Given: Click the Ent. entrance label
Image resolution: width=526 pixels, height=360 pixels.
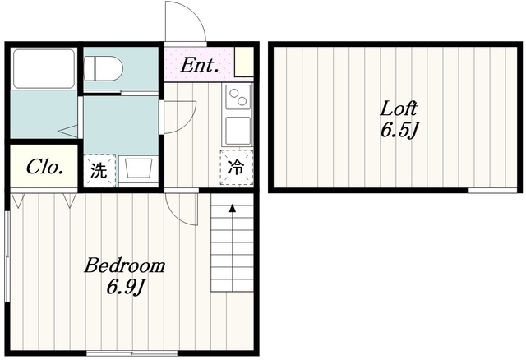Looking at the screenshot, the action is coord(200,65).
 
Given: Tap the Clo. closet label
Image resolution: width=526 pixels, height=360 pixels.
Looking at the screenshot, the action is coord(45,167).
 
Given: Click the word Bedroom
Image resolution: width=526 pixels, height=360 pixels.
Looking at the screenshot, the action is coord(124,265).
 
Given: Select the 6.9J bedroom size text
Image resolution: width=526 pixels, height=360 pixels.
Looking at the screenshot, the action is coord(126,288).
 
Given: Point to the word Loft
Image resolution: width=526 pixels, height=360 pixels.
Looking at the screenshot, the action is coord(399,108).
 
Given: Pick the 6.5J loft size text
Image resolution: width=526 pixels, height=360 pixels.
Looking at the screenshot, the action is coord(399,130).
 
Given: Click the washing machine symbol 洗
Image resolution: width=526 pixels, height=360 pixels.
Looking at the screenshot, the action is coord(99,170).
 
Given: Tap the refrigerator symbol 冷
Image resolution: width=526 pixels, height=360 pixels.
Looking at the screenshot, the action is coord(236,167).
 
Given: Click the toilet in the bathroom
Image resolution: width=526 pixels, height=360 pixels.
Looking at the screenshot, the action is coord(103,68).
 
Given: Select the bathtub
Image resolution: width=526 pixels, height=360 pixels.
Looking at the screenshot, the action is coord(44,69).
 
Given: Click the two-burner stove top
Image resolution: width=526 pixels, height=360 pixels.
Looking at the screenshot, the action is coord(238,97).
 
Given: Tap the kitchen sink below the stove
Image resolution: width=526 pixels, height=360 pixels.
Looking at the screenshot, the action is coord(238,131).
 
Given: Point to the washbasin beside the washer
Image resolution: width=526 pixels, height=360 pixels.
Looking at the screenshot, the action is coord(138,169).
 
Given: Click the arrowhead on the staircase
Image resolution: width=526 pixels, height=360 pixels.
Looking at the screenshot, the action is coord(232,208).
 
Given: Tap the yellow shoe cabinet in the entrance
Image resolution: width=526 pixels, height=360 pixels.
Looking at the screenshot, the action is coord(244,62).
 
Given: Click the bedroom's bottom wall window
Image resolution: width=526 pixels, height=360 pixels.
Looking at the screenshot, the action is coord(132,353).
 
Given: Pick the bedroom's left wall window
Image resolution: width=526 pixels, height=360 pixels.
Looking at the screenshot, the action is coord(7,256).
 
